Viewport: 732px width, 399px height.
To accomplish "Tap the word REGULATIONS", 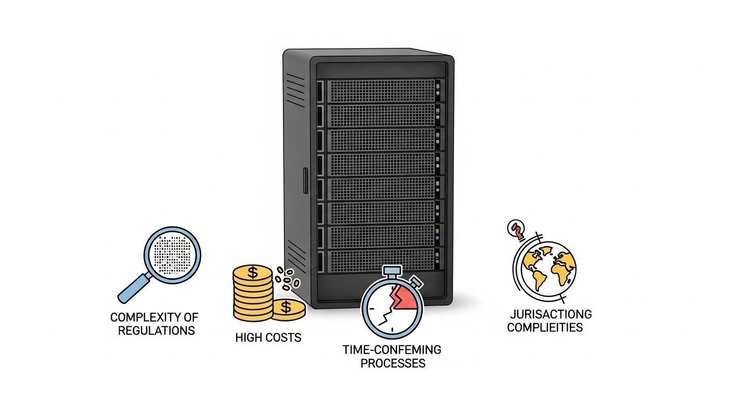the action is (x=156, y=330).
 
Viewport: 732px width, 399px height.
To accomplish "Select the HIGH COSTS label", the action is (x=268, y=338).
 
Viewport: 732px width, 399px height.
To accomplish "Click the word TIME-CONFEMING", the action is (x=392, y=350).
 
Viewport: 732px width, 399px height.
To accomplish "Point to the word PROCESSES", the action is (x=393, y=363).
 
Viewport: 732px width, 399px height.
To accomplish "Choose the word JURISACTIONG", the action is (x=551, y=314).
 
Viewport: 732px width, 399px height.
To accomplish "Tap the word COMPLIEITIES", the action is (x=545, y=327).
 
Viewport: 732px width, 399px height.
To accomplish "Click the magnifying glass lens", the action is (x=173, y=255).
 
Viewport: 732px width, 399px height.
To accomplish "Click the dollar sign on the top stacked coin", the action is (x=253, y=273).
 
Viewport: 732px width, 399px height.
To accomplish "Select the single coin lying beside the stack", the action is (x=289, y=310).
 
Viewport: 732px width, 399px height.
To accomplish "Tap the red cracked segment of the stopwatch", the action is (x=403, y=298).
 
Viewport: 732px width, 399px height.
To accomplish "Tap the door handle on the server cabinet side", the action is (x=306, y=181).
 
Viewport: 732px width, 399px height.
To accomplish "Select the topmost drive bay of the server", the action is (x=381, y=90).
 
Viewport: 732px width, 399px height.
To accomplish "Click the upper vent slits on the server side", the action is (x=295, y=90).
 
